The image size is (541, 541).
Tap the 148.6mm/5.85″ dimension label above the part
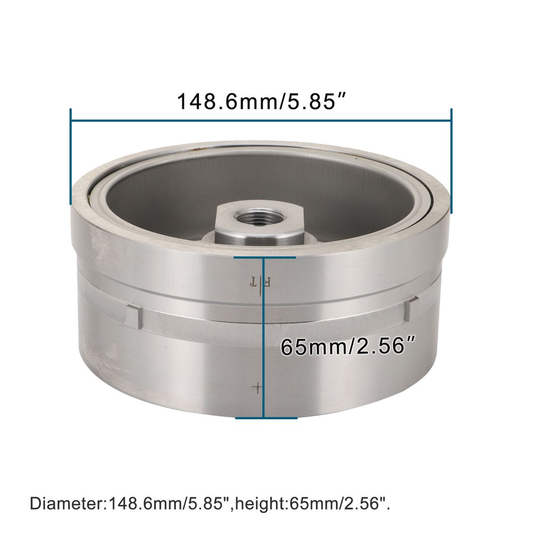click(x=261, y=101)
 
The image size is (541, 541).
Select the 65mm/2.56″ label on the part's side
click(x=348, y=347)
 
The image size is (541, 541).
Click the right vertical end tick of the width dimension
click(x=451, y=161)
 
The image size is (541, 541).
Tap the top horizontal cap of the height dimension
click(x=265, y=257)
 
